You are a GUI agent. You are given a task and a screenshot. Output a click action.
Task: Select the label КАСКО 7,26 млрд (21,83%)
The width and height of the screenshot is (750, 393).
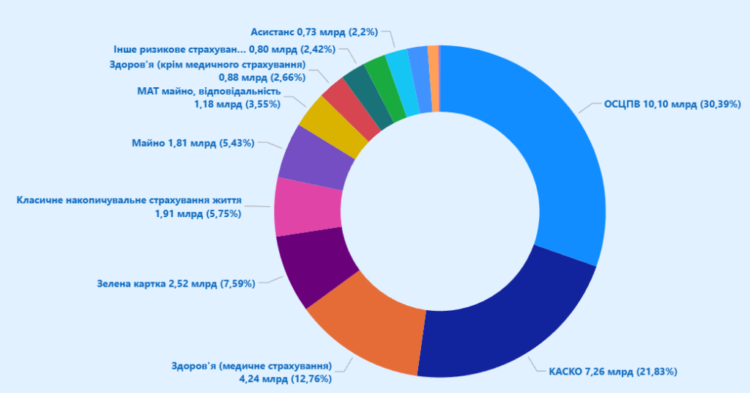(613, 371)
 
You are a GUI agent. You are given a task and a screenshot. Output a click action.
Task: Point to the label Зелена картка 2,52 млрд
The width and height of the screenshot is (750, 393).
(176, 283)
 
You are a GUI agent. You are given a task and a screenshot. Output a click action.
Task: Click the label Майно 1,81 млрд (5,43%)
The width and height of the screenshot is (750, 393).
(193, 143)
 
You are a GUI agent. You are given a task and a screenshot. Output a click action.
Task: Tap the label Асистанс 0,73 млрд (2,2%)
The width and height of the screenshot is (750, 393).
(315, 32)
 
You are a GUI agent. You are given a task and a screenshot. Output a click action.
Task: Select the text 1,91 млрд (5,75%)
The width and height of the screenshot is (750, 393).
(198, 213)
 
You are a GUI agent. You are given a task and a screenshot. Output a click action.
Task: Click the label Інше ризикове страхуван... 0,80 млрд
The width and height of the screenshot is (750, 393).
(224, 49)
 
